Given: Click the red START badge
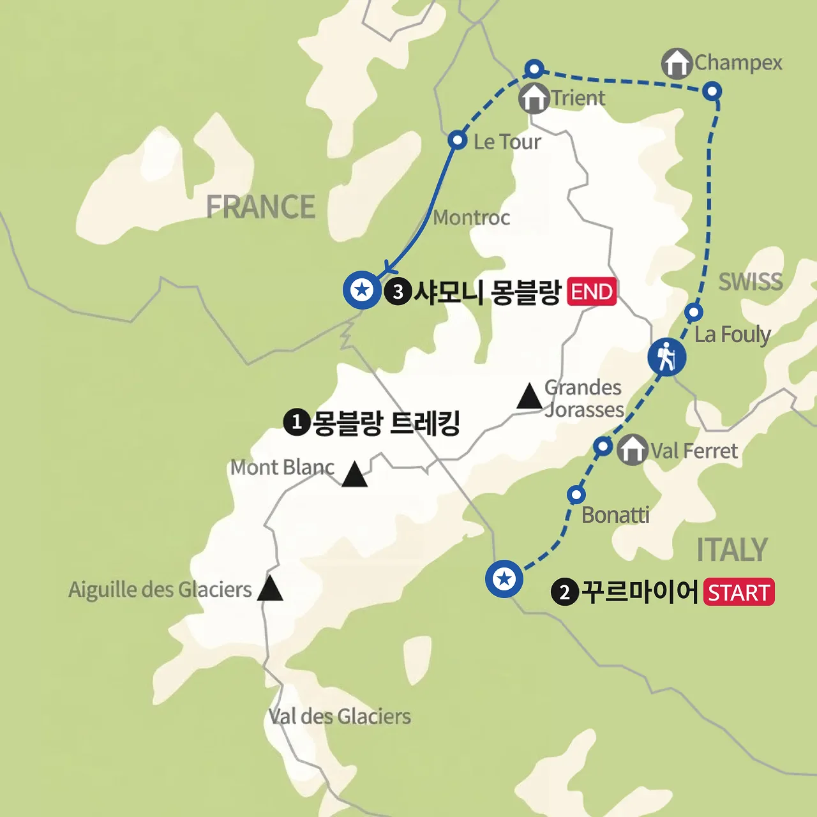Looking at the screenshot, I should coord(739,592).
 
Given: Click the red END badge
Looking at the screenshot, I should coord(592,292).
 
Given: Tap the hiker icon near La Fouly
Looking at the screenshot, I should coord(666,357).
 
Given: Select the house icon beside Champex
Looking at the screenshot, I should coord(677,64).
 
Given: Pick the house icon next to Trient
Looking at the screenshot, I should coord(534,98).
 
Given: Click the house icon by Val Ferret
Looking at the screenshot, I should coord(632,450).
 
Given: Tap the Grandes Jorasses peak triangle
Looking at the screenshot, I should coord(529,396).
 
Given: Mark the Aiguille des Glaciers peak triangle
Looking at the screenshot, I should coord(270,588).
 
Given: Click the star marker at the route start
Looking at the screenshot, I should coord(504,579).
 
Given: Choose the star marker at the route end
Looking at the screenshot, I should coord(362,290).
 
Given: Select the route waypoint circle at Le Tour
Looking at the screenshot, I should coord(457,140).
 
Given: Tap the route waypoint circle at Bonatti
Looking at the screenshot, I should coord(576,495).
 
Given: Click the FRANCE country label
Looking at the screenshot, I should coord(260,207).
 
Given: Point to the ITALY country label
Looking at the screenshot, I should coord(731,550).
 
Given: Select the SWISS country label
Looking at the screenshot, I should coord(751,281).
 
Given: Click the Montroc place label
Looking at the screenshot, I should coord(472,218).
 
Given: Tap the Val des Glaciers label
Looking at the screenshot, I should coord(340,717).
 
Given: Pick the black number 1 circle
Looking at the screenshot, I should coord(296,422).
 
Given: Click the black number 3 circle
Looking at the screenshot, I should coord(398,292).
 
